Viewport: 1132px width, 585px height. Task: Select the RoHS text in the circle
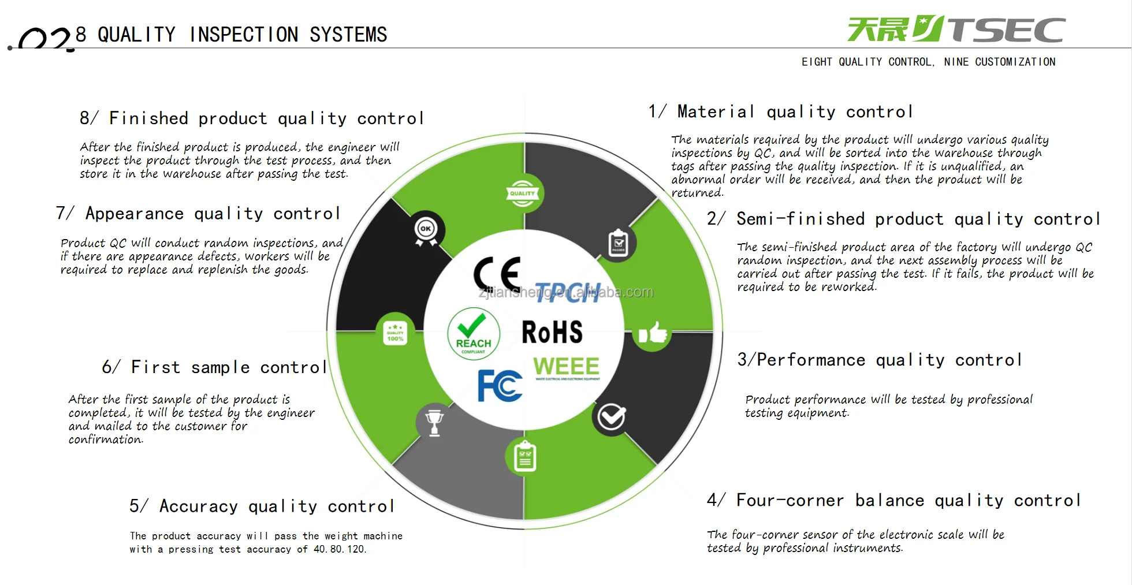(552, 332)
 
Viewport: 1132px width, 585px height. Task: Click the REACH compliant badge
(474, 334)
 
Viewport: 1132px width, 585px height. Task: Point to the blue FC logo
(500, 385)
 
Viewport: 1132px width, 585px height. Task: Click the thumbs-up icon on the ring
(653, 333)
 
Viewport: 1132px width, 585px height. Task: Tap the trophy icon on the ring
(434, 422)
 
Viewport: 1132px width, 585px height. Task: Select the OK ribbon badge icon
(426, 231)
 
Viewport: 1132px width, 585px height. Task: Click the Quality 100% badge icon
(395, 333)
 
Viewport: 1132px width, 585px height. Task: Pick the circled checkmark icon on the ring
(611, 416)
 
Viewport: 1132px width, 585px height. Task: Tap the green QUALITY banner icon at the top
(523, 194)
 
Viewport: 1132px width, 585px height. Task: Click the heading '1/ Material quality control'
(780, 111)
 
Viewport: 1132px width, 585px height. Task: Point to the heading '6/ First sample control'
(214, 367)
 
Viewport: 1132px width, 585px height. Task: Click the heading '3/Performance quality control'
(880, 360)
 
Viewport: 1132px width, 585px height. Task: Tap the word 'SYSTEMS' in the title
(348, 35)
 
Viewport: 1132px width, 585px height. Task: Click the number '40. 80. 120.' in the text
(340, 549)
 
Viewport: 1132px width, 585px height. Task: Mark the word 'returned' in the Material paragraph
(697, 193)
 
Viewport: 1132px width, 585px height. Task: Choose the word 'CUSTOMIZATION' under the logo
(1015, 62)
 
